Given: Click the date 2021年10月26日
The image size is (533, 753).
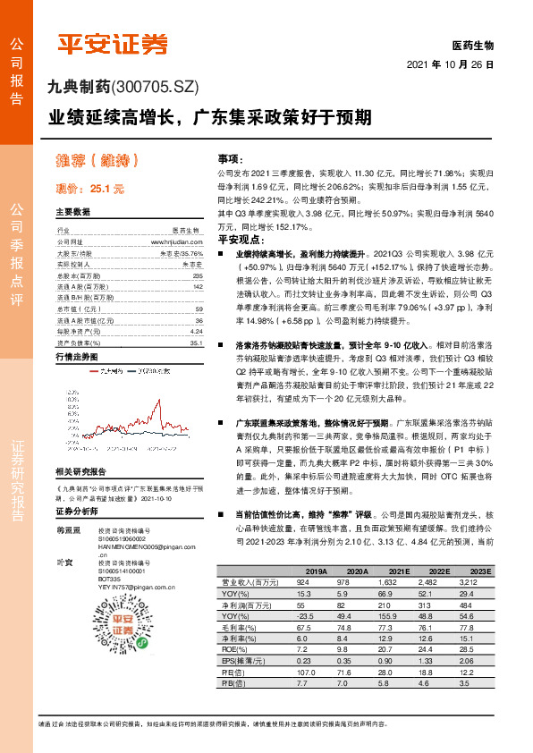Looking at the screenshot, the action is click(451, 65).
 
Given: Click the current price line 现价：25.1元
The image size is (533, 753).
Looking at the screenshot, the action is click(89, 190).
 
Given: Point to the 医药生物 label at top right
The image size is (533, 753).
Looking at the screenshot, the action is click(473, 45).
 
